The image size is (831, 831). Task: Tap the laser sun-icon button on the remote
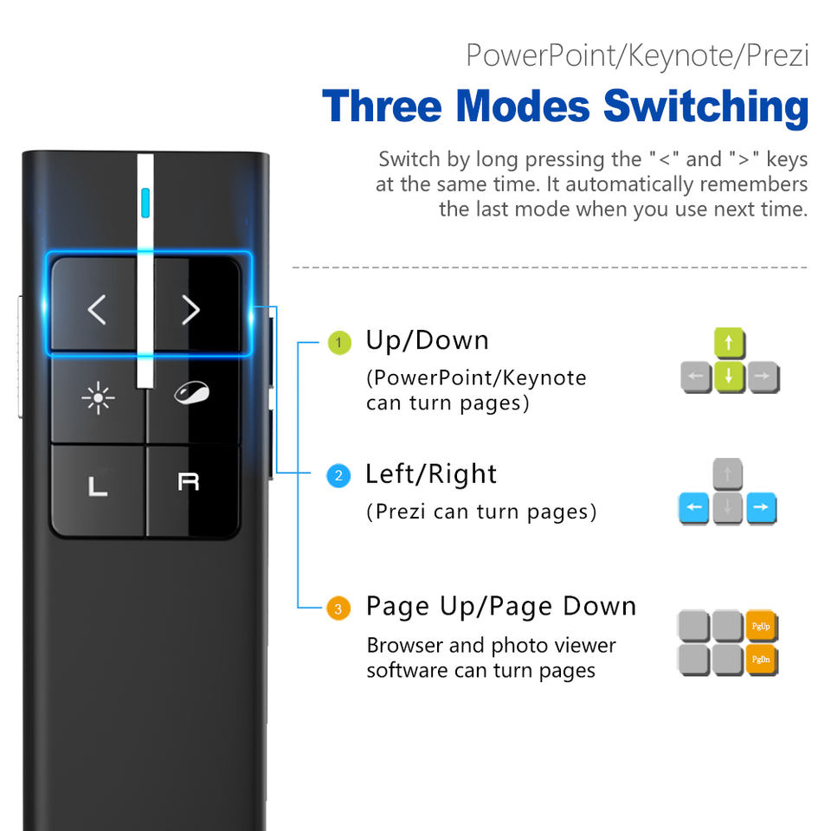[98, 398]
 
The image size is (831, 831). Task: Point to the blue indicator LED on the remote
[145, 202]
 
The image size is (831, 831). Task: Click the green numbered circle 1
[338, 344]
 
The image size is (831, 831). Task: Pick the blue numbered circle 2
[338, 475]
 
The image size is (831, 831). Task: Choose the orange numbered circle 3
[338, 609]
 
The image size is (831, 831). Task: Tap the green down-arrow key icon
[729, 377]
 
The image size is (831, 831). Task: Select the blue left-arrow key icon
[695, 507]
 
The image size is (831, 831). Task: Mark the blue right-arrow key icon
[761, 507]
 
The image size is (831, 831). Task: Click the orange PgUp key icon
[762, 626]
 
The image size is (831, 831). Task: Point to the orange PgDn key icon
[762, 660]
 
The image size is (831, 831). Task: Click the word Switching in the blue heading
[705, 108]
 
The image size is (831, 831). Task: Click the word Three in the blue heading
[383, 106]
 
